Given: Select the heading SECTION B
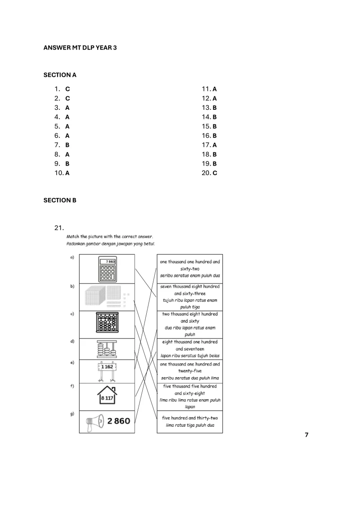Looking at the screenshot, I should [60, 200].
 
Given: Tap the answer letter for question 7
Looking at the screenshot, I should [67, 145].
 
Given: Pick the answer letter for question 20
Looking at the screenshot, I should [215, 173].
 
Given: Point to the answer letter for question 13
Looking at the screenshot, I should [215, 108].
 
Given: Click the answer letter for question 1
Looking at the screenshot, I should [67, 89].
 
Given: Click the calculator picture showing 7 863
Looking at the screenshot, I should [107, 269].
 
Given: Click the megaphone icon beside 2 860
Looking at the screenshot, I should [95, 422].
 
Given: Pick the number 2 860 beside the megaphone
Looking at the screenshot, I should [119, 421].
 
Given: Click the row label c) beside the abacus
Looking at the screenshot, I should [72, 314].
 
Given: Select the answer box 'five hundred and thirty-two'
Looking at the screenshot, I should [189, 421].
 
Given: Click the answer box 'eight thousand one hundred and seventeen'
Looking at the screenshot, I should [189, 349].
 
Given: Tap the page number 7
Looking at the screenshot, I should [306, 435].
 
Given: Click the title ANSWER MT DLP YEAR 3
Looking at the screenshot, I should [80, 47].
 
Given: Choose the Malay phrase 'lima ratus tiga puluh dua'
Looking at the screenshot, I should [189, 425].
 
